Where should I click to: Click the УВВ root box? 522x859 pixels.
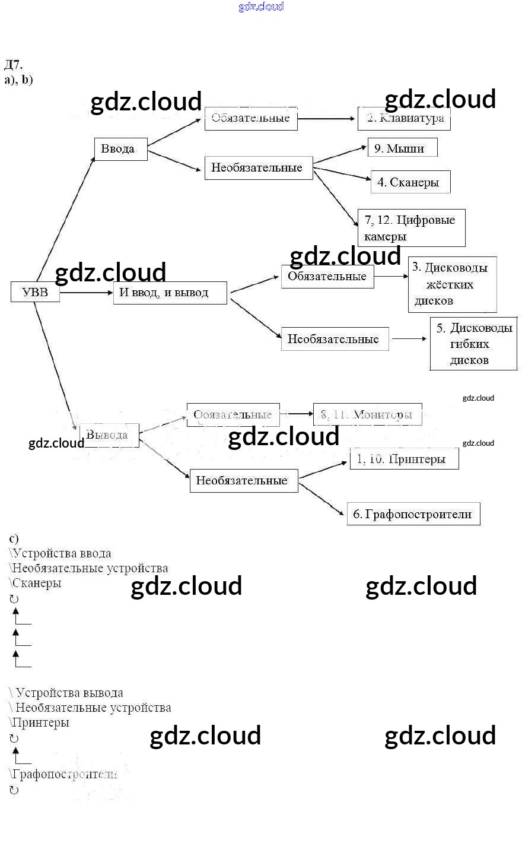click(35, 292)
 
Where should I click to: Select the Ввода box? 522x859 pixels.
click(120, 149)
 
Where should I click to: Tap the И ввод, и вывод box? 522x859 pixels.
click(170, 293)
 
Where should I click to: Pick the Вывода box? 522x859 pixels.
click(109, 435)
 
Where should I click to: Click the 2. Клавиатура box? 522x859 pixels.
click(405, 118)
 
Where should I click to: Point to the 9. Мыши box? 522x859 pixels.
click(402, 148)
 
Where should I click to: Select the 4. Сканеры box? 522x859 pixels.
click(410, 182)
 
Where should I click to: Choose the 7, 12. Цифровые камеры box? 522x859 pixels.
click(411, 228)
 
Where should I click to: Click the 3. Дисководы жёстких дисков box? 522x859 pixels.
click(452, 284)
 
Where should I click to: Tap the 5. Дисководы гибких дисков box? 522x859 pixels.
click(473, 344)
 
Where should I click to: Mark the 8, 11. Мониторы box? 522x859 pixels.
click(368, 414)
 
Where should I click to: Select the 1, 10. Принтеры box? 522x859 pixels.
click(404, 459)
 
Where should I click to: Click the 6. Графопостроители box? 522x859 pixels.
click(413, 514)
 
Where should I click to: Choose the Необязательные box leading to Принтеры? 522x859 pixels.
click(243, 481)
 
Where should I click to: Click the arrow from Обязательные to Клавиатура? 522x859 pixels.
click(327, 119)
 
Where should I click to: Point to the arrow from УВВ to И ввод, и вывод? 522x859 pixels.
click(86, 293)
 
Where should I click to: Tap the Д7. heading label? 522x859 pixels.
click(13, 65)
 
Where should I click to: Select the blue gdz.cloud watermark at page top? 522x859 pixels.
click(261, 7)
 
